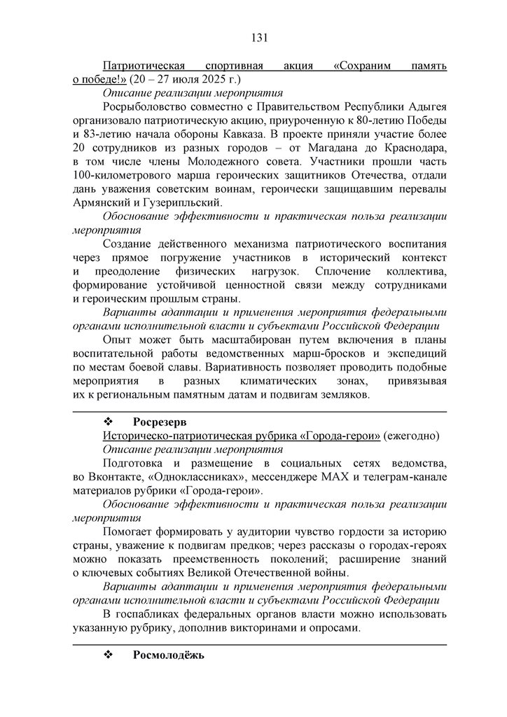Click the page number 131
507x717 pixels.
tap(260, 37)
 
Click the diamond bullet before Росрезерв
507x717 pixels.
tap(109, 422)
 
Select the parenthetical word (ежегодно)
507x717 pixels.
tap(411, 436)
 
